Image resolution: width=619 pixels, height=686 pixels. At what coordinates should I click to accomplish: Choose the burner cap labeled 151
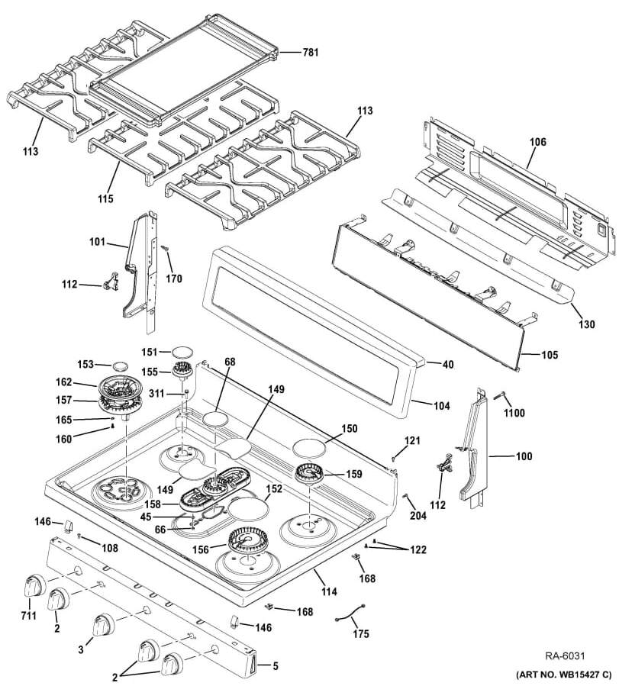click(x=183, y=352)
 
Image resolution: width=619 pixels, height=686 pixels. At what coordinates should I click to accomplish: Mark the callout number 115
click(x=105, y=198)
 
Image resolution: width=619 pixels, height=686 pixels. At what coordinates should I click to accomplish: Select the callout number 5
click(x=275, y=665)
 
